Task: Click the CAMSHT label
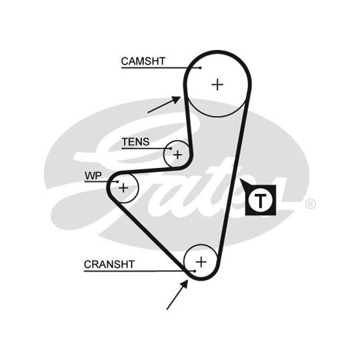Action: pos(143,61)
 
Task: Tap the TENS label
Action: pos(135,141)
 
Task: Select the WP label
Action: pos(93,176)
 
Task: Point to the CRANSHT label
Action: pos(109,264)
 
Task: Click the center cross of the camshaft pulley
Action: pos(217,85)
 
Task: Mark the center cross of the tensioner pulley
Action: pos(177,155)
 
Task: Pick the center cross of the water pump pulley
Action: pos(123,188)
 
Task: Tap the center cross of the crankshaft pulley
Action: pos(201,262)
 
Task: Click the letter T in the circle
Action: pos(260,201)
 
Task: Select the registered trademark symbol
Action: pos(311,204)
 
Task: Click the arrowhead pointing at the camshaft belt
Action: pos(177,99)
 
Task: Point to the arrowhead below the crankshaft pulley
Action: pos(185,284)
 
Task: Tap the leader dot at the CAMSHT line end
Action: pos(201,68)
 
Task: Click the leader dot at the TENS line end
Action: pos(171,149)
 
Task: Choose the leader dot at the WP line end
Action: pos(117,181)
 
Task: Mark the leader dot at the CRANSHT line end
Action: pos(195,271)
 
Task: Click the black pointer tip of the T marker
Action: pos(240,179)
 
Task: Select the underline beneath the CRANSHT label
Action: pos(139,271)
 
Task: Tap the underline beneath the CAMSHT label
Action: pos(161,68)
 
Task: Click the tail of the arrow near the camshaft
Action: pos(148,113)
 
